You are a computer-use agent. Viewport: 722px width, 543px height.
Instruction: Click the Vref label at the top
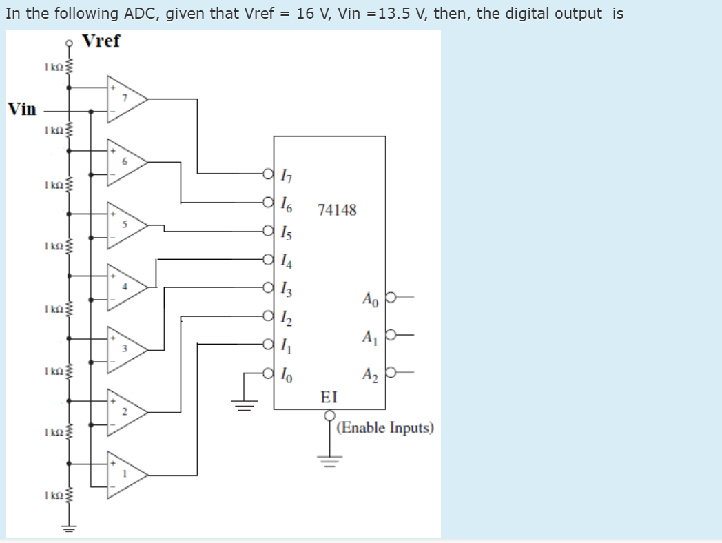click(101, 41)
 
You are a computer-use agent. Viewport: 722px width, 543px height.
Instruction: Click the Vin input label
click(22, 110)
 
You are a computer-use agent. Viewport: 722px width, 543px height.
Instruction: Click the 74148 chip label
click(337, 210)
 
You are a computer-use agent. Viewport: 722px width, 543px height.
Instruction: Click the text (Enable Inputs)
click(386, 428)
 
